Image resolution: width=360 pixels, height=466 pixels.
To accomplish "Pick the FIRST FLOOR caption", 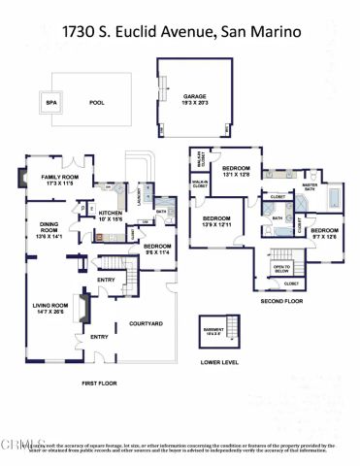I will point(100,383).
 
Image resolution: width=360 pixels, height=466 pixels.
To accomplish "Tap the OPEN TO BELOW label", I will point(282,267).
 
